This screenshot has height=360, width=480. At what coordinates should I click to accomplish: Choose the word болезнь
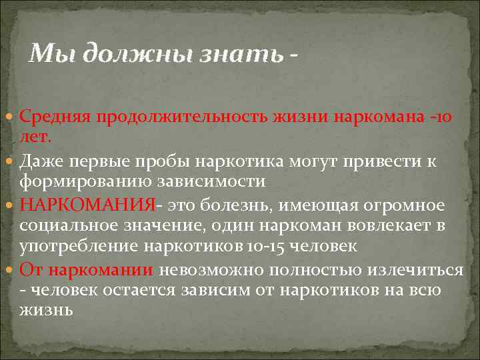click(226, 205)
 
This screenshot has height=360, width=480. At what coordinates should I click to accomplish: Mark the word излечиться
click(413, 269)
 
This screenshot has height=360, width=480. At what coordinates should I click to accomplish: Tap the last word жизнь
click(47, 311)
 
